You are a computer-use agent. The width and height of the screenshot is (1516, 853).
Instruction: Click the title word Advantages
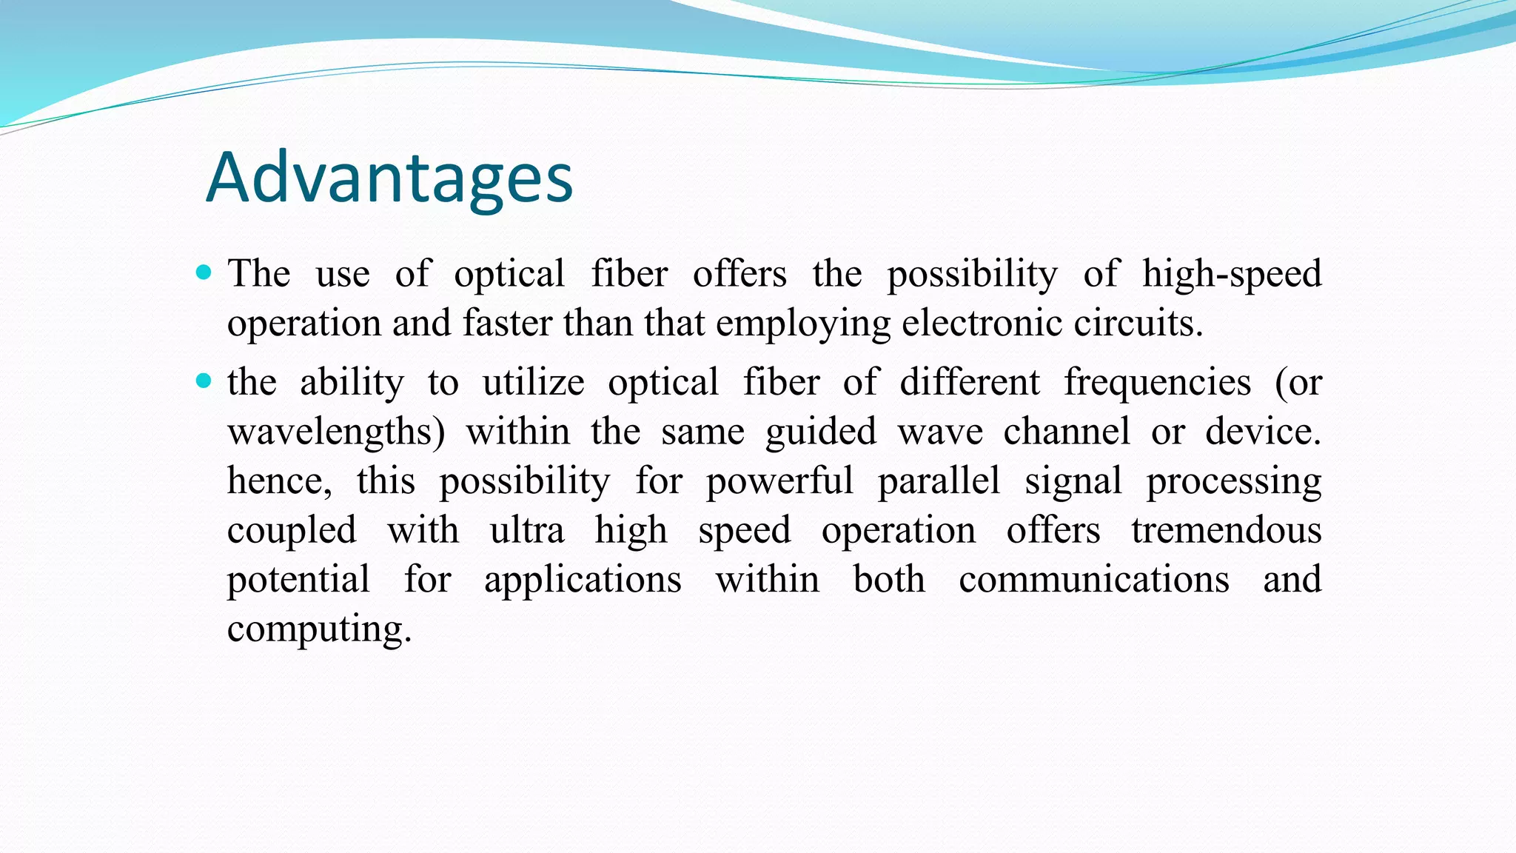[389, 178]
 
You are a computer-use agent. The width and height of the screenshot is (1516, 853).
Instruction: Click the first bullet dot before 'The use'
[204, 272]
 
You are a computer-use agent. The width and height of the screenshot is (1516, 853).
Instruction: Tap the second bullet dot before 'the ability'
[204, 381]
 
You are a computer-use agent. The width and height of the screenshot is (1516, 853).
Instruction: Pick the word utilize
[533, 384]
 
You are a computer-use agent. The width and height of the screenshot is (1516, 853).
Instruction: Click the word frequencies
[1157, 384]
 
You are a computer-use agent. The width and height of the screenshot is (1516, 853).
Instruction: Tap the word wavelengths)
[336, 432]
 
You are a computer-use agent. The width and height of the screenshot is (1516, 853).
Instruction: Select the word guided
[821, 432]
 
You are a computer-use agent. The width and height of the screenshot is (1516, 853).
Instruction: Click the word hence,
[279, 481]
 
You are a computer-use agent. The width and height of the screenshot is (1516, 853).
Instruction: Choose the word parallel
[939, 481]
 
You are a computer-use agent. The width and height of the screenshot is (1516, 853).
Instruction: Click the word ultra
[527, 530]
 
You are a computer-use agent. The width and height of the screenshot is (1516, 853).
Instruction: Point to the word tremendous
[1226, 530]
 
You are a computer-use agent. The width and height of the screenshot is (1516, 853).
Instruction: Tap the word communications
[1093, 579]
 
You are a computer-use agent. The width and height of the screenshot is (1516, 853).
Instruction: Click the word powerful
[779, 481]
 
